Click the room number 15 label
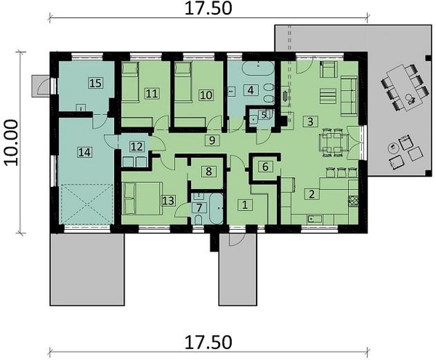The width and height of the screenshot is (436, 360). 96,83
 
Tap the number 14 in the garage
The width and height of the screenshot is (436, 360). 84,151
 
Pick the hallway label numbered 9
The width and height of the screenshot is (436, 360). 213,141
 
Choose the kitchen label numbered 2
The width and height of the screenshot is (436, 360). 313,194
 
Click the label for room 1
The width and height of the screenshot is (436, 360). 244,204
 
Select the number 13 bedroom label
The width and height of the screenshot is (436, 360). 168,201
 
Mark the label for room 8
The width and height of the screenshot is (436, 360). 206,171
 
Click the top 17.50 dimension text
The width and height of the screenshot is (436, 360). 208,9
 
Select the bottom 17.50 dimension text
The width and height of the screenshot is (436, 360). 208,343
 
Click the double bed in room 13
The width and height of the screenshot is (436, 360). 141,198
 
